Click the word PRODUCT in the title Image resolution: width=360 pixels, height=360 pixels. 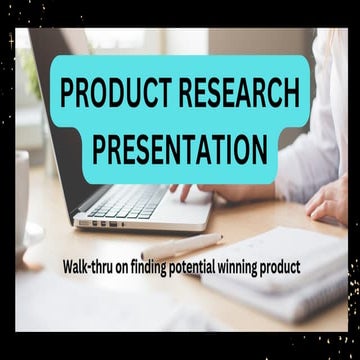tap(111, 94)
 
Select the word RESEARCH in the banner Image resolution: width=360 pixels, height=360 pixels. tap(236, 94)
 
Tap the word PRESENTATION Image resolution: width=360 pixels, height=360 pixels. tap(179, 150)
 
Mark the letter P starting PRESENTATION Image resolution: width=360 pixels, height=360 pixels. tap(99, 150)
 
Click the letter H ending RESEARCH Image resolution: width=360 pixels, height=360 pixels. tap(287, 94)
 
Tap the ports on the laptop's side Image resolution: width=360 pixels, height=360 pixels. tap(100, 222)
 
